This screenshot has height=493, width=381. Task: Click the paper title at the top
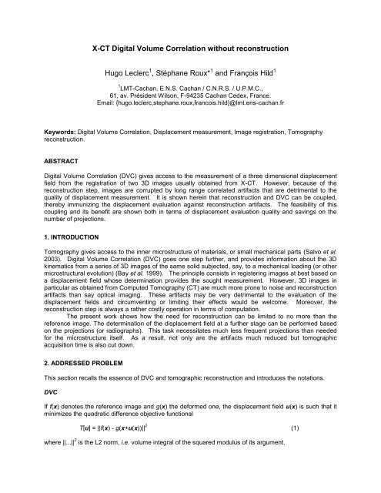(190, 48)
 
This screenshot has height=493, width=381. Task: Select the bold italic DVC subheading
(34, 434)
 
